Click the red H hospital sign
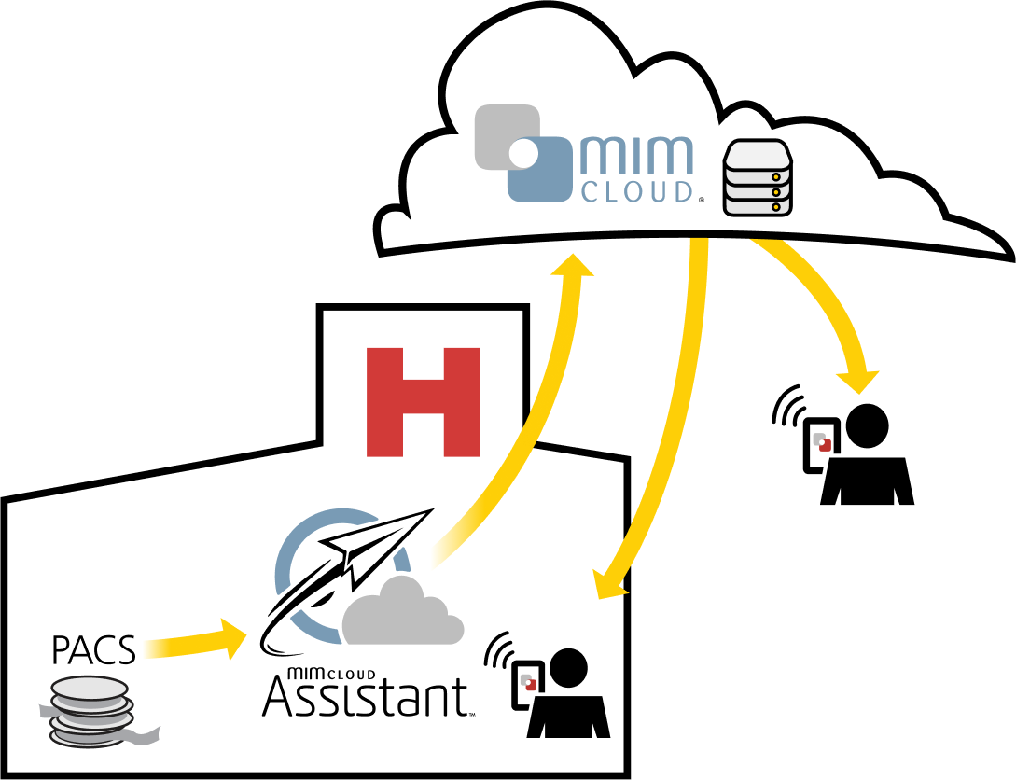point(424,401)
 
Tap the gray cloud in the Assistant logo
point(401,616)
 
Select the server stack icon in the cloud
point(758,177)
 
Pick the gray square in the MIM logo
point(504,135)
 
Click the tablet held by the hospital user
point(527,690)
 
